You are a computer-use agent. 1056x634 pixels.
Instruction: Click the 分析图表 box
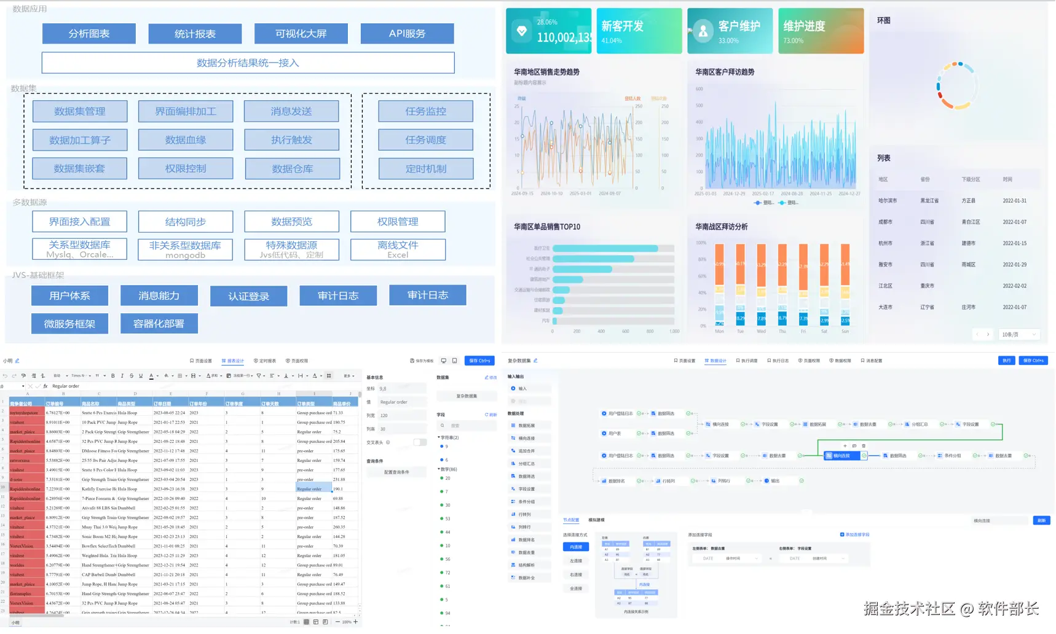point(89,34)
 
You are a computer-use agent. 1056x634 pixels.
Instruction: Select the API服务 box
point(407,34)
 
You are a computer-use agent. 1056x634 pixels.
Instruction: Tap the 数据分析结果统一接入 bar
point(248,63)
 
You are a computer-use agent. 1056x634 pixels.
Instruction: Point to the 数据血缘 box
point(186,140)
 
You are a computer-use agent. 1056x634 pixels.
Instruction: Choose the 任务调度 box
point(425,140)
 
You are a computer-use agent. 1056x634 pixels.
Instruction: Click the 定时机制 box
point(425,169)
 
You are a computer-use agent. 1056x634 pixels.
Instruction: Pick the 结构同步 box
point(186,222)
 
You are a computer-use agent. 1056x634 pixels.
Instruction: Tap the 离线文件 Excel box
point(398,249)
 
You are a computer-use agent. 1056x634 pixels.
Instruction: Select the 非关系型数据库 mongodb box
point(186,249)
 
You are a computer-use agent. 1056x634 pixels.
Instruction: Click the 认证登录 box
point(248,296)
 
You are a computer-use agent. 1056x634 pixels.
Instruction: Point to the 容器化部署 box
point(159,324)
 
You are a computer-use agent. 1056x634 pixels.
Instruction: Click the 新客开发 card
point(639,31)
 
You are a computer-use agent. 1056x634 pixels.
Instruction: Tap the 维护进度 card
point(821,31)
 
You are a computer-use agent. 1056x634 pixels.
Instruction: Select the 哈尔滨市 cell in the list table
point(888,201)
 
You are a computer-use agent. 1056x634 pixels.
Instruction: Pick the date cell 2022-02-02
point(1014,286)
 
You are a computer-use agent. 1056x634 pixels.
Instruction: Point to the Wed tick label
point(761,332)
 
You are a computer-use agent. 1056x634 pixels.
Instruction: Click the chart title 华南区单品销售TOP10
point(547,227)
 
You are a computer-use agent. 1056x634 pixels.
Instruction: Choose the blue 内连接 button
point(575,547)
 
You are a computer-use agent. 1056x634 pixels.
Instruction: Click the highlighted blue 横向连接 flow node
point(841,456)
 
